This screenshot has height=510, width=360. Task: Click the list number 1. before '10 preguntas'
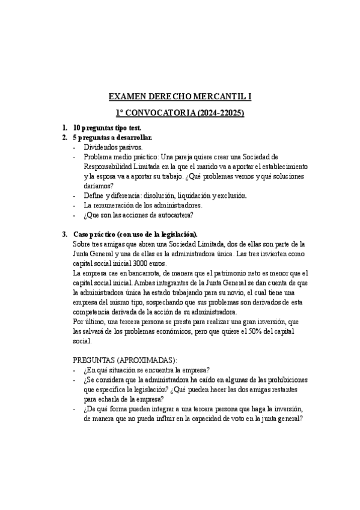(x=65, y=128)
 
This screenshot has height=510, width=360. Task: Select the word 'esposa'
(x=111, y=176)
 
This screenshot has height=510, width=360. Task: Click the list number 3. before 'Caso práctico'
(x=65, y=234)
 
